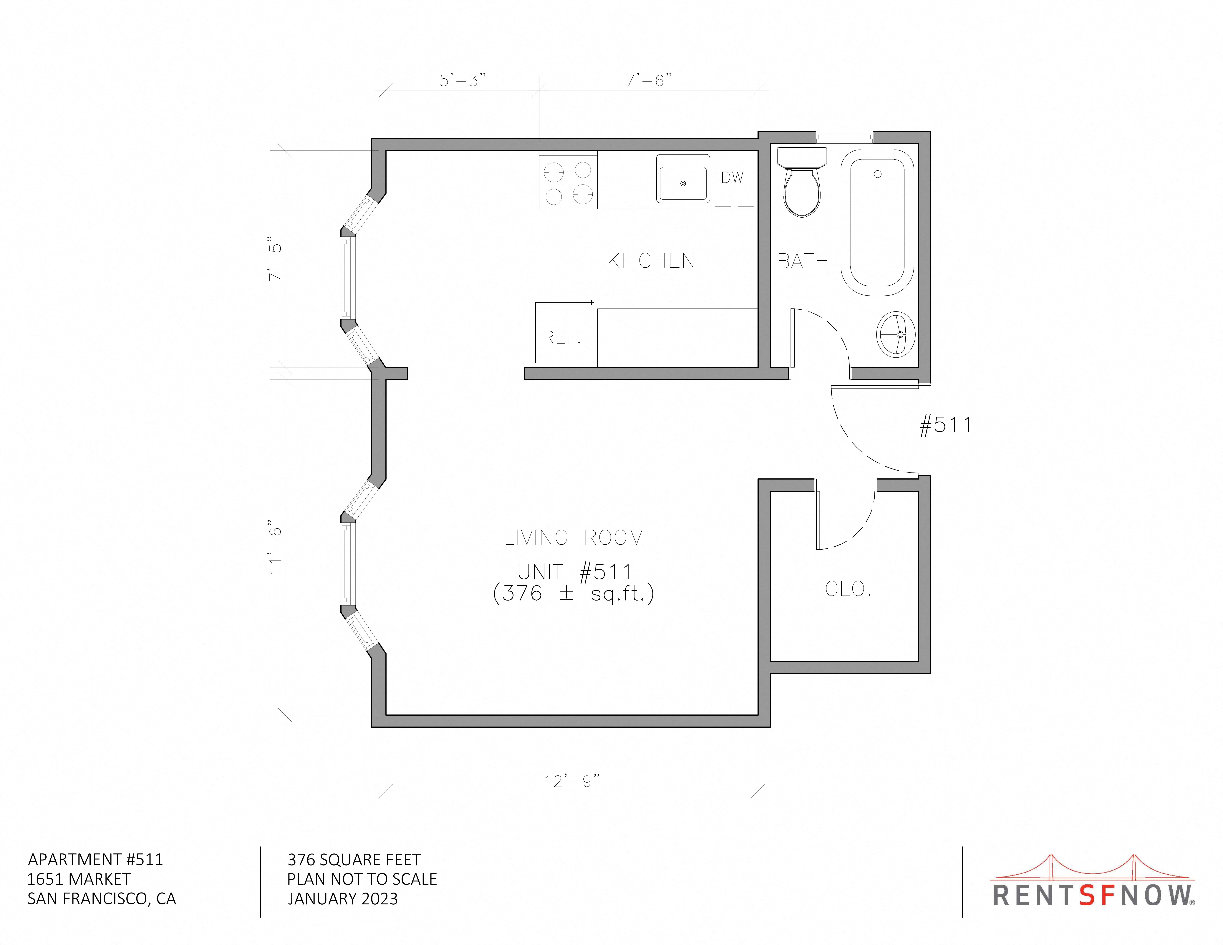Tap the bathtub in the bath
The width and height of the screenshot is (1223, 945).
877,222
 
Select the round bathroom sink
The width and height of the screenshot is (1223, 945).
896,334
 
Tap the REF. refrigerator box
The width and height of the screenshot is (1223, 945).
564,333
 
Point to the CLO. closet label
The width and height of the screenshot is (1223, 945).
848,589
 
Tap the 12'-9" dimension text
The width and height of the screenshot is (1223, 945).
572,781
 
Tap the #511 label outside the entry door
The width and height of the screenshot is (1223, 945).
946,425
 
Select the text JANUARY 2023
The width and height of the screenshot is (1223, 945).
343,898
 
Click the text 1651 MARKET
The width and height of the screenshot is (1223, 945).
79,879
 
